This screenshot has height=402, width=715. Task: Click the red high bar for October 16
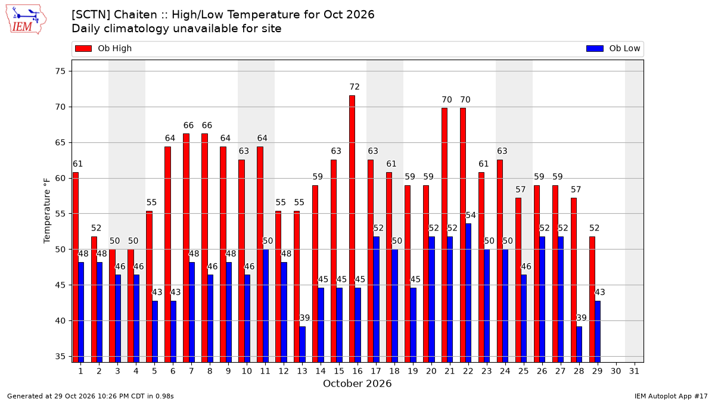tap(352, 229)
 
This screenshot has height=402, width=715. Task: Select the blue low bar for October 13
tap(302, 344)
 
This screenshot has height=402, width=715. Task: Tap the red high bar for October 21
tap(444, 235)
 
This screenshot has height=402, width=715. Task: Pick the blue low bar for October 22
tap(468, 293)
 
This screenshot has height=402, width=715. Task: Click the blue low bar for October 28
tap(579, 344)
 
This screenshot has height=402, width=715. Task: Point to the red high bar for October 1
tap(75, 267)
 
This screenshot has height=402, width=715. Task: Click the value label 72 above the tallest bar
tap(355, 87)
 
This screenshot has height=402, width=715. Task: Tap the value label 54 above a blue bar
tap(471, 215)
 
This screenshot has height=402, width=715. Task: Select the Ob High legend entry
tap(103, 48)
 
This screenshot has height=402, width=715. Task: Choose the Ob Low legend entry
tap(613, 48)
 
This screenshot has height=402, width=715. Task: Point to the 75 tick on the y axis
tap(60, 71)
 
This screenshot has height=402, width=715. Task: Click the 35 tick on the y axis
tap(60, 356)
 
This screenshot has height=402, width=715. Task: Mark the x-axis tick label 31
tap(634, 371)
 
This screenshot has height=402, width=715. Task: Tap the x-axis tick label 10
tap(247, 371)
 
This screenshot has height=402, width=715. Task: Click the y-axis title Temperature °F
tap(47, 211)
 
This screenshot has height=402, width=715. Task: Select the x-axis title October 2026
tap(357, 384)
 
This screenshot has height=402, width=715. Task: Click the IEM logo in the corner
tap(26, 20)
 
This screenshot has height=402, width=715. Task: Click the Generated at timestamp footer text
tap(91, 396)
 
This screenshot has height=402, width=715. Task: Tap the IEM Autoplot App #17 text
tap(671, 396)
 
